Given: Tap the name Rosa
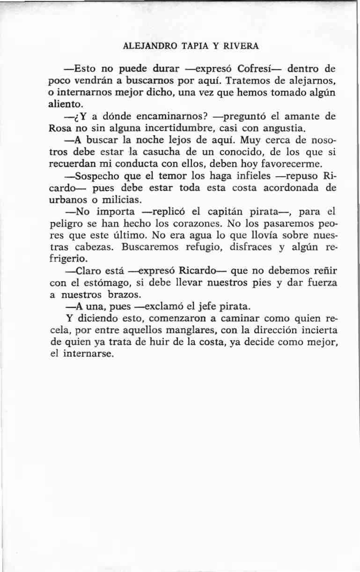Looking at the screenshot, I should [60, 127].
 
